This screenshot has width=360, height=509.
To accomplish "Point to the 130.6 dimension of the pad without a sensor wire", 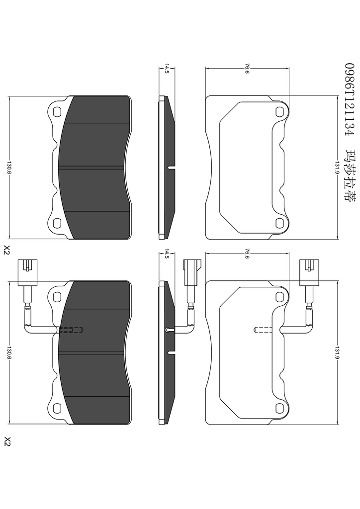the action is click(9, 168).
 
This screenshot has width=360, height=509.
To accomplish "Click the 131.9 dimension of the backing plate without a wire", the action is click(337, 168).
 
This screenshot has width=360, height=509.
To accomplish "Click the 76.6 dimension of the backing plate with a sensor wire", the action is click(247, 254).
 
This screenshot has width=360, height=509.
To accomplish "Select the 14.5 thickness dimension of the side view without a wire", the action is click(167, 69).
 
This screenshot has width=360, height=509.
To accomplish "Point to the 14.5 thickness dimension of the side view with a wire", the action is click(167, 254).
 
